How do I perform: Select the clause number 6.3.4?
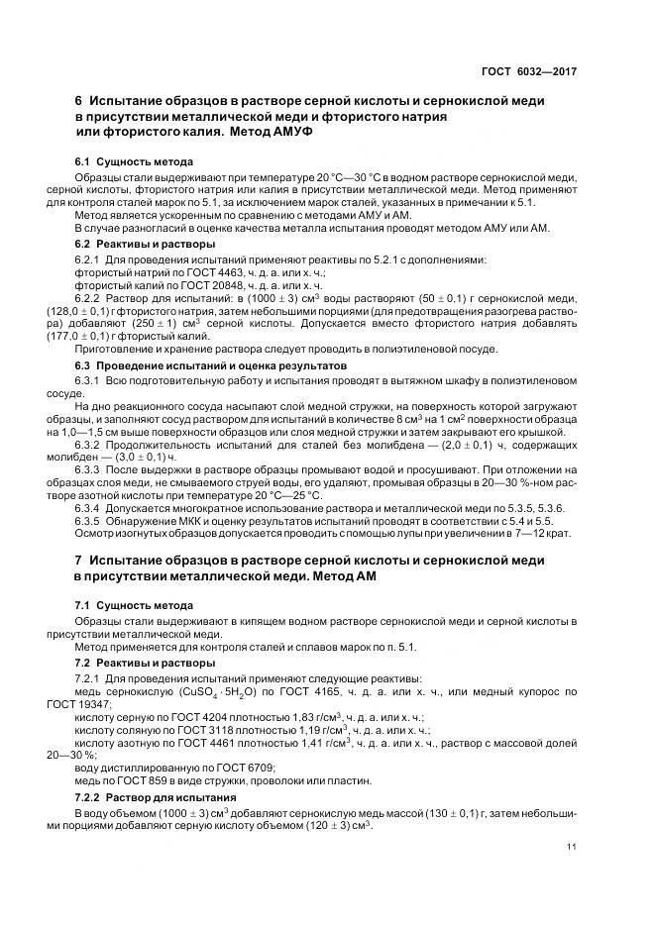pyautogui.click(x=90, y=507)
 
